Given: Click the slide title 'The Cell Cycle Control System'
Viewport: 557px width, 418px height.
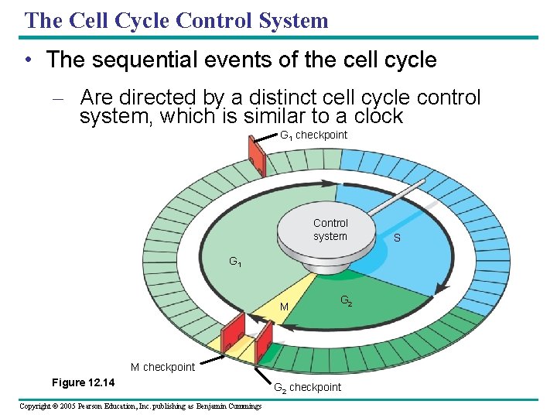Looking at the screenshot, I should click(x=176, y=20).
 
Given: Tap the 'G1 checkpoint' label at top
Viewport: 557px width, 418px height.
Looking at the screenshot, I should click(x=313, y=135).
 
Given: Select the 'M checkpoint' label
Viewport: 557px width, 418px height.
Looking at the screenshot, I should click(x=162, y=367).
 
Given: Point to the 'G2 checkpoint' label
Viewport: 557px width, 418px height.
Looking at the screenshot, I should click(x=307, y=387).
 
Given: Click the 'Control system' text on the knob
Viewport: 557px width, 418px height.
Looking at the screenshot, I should click(x=330, y=230).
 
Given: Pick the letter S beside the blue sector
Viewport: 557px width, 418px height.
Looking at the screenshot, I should click(x=397, y=238).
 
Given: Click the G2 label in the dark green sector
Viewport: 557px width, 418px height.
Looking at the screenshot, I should click(x=347, y=301).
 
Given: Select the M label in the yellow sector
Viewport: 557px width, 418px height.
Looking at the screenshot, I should click(x=284, y=307).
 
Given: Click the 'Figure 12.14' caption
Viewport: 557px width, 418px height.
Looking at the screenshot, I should click(x=83, y=382).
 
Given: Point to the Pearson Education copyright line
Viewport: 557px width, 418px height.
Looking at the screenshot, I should click(x=140, y=406).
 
